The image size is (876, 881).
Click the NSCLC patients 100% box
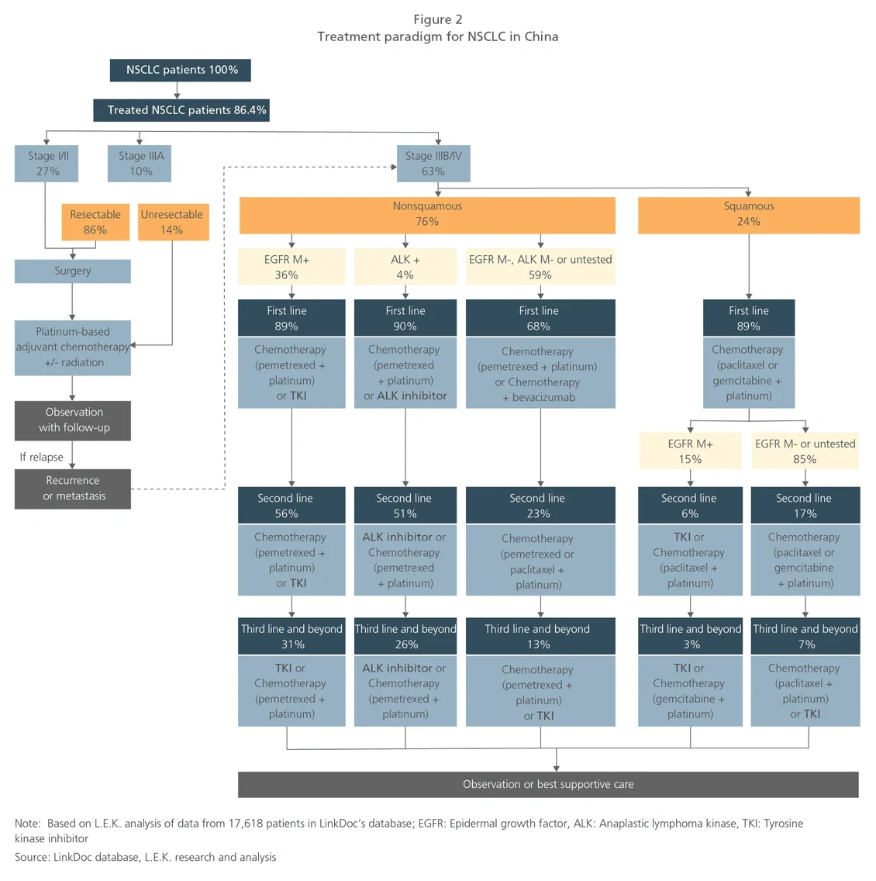181,70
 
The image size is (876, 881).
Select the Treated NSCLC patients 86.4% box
181,110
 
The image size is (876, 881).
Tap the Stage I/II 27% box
47,164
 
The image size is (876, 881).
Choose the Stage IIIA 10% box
140,164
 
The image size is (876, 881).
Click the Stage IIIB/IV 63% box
433,164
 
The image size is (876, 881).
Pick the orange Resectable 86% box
95,222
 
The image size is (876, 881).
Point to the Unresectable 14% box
172,222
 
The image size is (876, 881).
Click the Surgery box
72,271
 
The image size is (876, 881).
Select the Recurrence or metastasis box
72,489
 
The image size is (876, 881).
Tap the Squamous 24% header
748,214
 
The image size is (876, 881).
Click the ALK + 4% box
405,267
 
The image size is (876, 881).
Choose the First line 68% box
540,318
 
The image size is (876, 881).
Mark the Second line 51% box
405,506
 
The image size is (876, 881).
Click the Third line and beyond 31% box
291,636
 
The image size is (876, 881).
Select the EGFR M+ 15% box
690,451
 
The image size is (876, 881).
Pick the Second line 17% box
805,506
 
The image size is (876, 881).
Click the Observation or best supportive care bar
548,784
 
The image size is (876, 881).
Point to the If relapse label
42,457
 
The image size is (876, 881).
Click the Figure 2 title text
437,19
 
